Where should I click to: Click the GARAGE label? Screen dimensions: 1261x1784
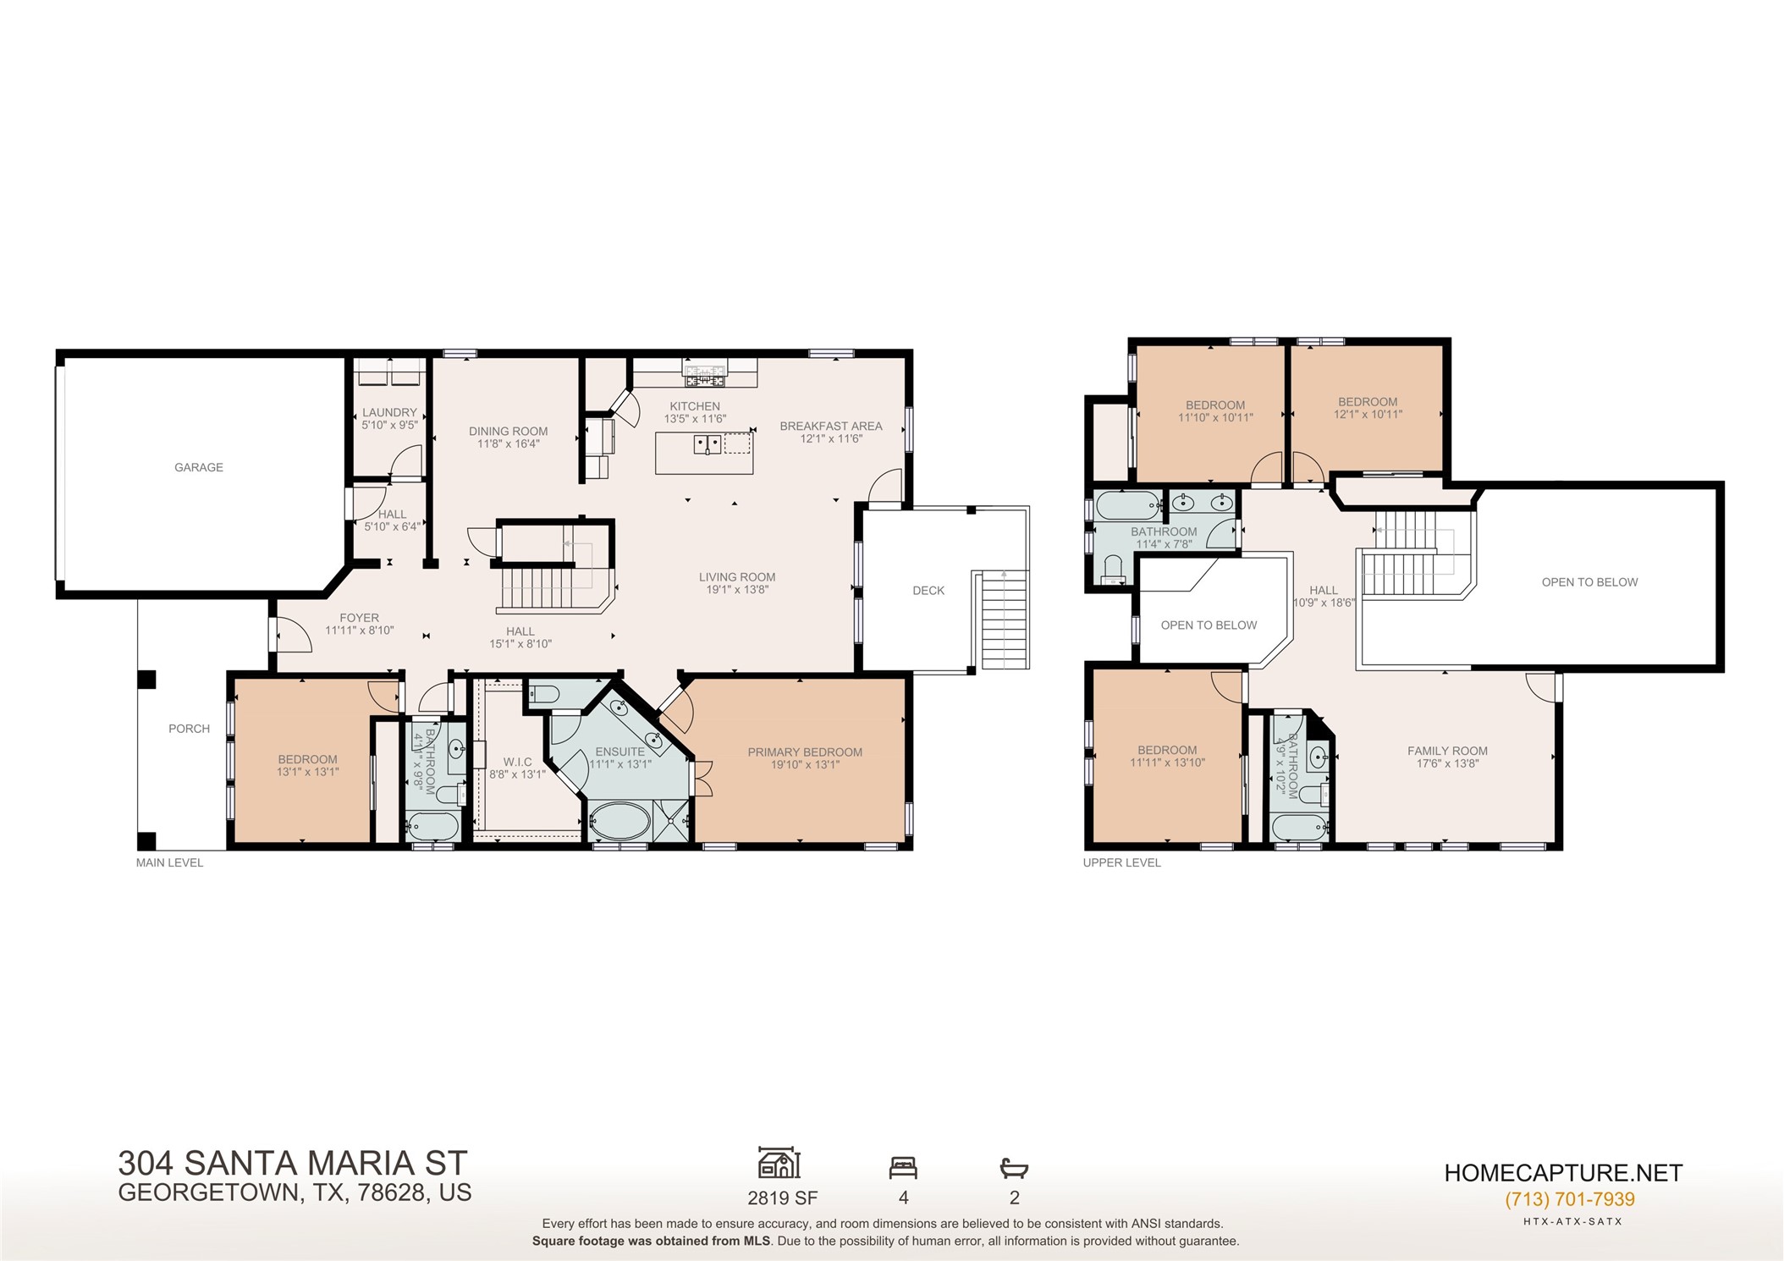pyautogui.click(x=199, y=467)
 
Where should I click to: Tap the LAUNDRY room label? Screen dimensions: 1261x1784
pyautogui.click(x=389, y=413)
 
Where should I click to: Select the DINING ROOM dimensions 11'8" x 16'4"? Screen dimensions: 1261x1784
pyautogui.click(x=508, y=443)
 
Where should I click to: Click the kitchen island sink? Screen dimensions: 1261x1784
pyautogui.click(x=707, y=443)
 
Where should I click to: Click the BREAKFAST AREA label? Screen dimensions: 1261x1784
pyautogui.click(x=830, y=427)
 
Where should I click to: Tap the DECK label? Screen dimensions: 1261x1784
pyautogui.click(x=928, y=591)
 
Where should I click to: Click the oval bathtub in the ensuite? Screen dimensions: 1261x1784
pyautogui.click(x=619, y=821)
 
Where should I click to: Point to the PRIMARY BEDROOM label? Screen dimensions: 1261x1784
pyautogui.click(x=805, y=752)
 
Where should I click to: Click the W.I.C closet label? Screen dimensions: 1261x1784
pyautogui.click(x=517, y=762)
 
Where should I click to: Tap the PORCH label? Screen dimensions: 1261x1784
pyautogui.click(x=189, y=729)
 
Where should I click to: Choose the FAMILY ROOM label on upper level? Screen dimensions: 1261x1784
pyautogui.click(x=1447, y=751)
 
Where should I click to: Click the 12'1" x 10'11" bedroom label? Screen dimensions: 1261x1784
pyautogui.click(x=1368, y=415)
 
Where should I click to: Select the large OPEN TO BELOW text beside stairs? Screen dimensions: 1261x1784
pyautogui.click(x=1589, y=582)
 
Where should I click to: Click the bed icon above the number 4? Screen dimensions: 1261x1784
pyautogui.click(x=903, y=1168)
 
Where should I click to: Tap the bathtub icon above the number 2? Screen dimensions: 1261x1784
pyautogui.click(x=1014, y=1169)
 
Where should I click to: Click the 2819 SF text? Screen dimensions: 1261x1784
pyautogui.click(x=782, y=1198)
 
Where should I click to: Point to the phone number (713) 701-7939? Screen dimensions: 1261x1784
pyautogui.click(x=1569, y=1199)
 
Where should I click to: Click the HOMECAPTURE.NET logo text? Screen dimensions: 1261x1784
pyautogui.click(x=1563, y=1173)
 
